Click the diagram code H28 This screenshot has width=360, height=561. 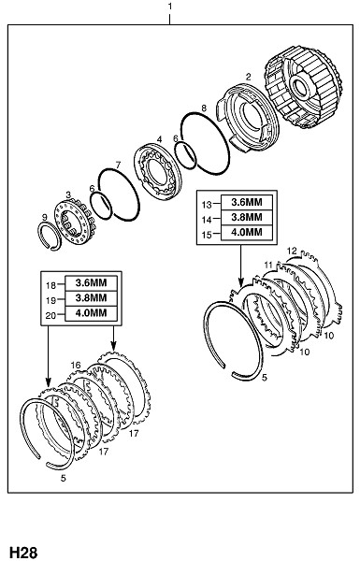click(x=23, y=552)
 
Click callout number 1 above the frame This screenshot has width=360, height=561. click(x=170, y=7)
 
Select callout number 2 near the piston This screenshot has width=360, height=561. click(x=248, y=77)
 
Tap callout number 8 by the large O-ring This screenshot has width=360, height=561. click(x=204, y=108)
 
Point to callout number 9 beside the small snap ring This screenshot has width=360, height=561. click(x=44, y=217)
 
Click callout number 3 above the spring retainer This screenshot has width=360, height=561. click(x=68, y=194)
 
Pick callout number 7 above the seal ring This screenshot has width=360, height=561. click(x=118, y=165)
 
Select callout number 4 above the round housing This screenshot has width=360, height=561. click(x=159, y=138)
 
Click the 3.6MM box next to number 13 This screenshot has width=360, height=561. click(x=247, y=202)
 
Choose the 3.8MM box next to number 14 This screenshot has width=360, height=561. click(x=247, y=217)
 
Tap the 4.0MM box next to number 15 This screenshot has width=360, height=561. click(x=247, y=232)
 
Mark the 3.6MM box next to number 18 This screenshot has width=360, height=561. click(x=91, y=283)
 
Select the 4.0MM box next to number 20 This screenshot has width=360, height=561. click(x=91, y=313)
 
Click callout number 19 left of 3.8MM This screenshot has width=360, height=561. click(x=51, y=300)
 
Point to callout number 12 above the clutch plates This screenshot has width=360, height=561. click(x=292, y=251)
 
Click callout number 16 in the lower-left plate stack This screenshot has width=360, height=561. click(x=76, y=365)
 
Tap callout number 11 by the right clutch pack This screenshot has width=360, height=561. click(x=268, y=266)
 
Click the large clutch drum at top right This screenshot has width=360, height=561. click(x=304, y=87)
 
